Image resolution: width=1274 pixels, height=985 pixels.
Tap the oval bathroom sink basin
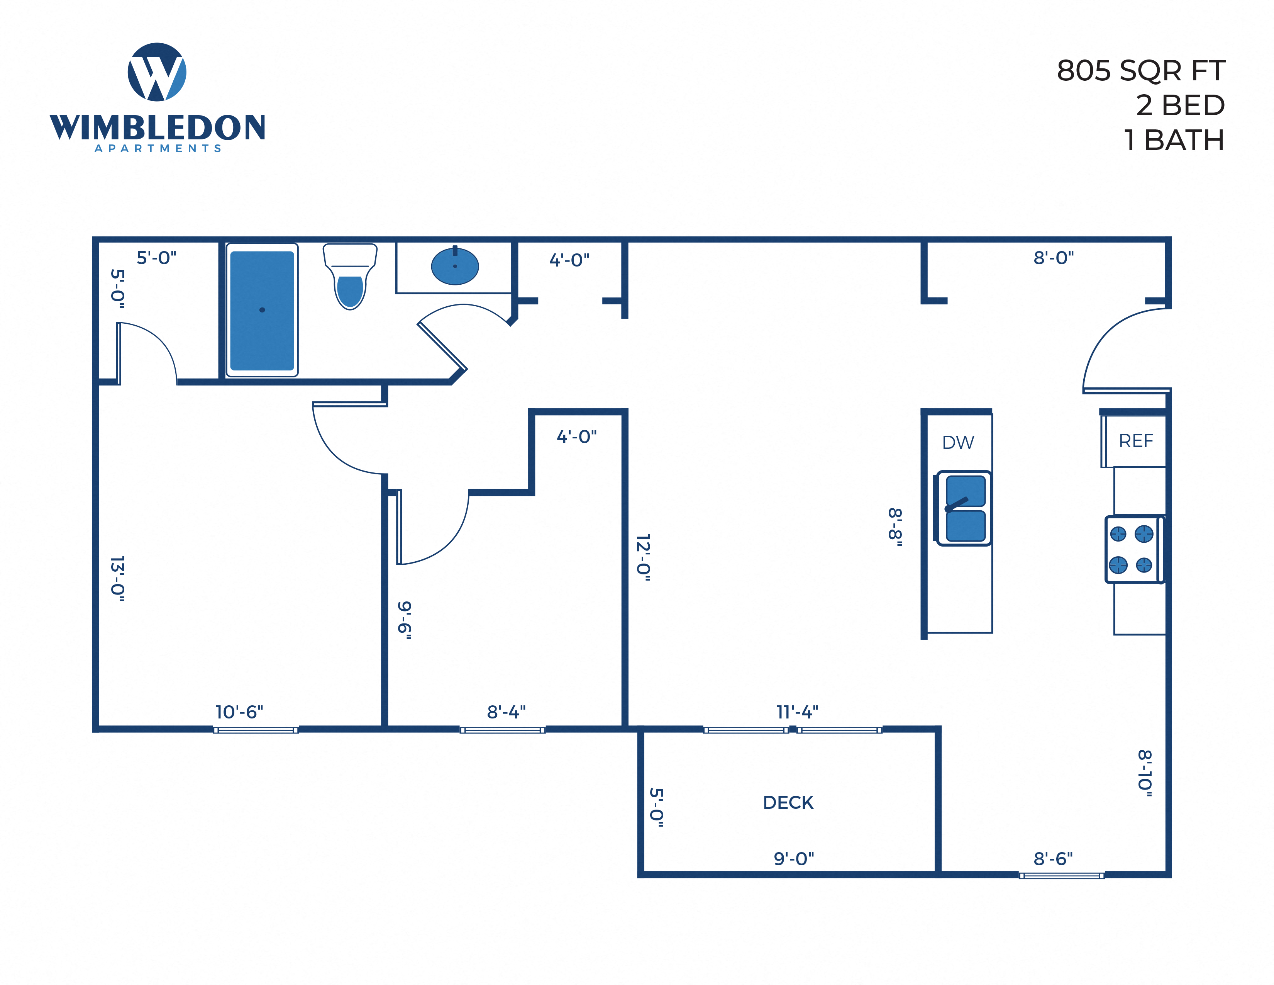(x=455, y=267)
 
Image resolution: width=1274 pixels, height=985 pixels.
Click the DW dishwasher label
(x=958, y=442)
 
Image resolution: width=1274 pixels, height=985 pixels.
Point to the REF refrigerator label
(x=1136, y=441)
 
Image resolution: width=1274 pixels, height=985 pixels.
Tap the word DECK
(x=788, y=802)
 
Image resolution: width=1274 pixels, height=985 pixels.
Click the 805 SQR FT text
(x=1140, y=71)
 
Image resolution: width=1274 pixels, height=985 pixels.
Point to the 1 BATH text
(x=1174, y=140)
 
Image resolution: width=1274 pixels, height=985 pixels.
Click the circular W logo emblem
(x=157, y=72)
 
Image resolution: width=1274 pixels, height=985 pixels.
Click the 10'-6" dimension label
(x=239, y=712)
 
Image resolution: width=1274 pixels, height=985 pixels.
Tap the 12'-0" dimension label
(x=644, y=557)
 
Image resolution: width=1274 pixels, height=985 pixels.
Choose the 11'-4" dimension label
(x=797, y=712)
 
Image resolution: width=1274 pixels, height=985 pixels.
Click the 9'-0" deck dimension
(x=793, y=858)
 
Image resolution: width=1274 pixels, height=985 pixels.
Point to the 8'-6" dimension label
(x=1053, y=858)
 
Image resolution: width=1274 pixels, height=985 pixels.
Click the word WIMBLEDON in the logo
(x=158, y=127)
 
